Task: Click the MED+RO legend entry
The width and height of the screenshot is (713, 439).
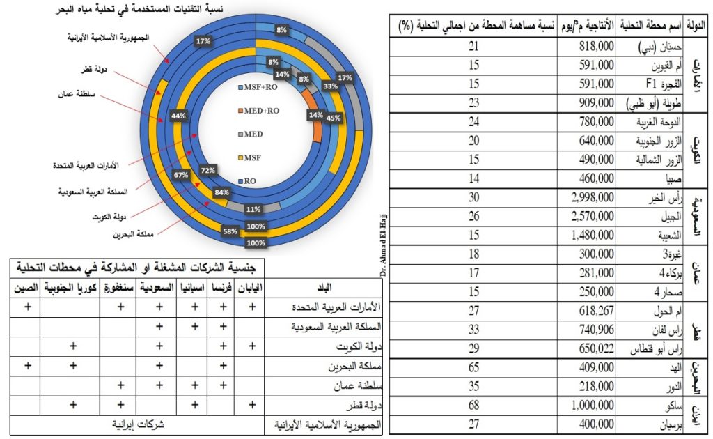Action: pos(258,110)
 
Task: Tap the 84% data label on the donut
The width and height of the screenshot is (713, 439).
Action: pos(222,192)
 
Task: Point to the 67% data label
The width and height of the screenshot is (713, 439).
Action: pos(182,175)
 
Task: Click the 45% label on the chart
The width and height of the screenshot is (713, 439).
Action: pos(334,118)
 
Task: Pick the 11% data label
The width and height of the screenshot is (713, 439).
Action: pos(253,208)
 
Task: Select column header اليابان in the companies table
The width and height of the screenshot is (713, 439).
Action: pos(249,286)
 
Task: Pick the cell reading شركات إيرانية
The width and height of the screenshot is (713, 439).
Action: pos(138,422)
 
